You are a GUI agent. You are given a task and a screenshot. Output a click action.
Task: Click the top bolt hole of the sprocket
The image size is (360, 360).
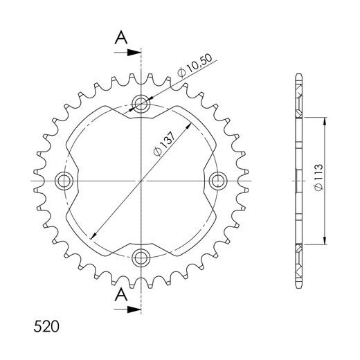tap(142, 105)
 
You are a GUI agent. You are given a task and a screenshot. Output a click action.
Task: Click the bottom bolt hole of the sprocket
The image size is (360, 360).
tap(142, 258)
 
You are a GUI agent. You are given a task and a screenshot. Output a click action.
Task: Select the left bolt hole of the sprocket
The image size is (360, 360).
tap(65, 181)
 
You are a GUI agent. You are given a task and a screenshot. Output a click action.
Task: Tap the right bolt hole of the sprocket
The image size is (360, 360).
tap(218, 181)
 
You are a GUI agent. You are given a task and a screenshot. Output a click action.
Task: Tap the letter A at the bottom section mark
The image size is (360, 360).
tap(120, 294)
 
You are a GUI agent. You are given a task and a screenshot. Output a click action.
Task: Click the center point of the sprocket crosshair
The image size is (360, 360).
tap(142, 181)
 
